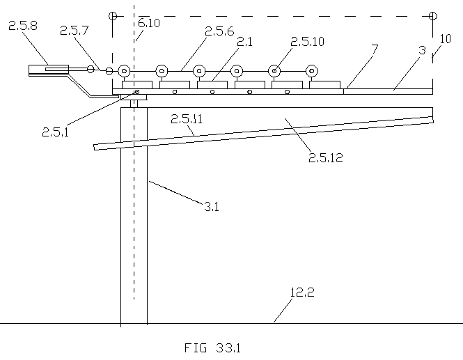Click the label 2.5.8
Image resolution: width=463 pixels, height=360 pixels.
pos(23,26)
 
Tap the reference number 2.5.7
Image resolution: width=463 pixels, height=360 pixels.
pos(74,31)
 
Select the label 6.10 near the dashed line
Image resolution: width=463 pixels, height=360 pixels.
pos(149,23)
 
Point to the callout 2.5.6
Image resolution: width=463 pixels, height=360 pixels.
pos(219,31)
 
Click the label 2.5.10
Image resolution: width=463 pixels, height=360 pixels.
pos(307,42)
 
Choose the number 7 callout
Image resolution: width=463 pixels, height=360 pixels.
pos(375,49)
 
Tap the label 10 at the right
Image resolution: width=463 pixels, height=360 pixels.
pos(446,39)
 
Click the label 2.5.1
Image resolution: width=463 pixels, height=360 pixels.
pos(56,132)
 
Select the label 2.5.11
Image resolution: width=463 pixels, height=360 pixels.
pos(187,119)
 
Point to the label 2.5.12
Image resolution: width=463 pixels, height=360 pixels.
pos(326,157)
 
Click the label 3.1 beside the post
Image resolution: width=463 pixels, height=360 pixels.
pos(212,206)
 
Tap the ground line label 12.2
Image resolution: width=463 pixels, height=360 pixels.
pos(302,292)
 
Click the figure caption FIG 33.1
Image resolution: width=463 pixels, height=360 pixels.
pos(212,348)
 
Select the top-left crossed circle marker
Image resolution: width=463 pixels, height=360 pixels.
pos(113,16)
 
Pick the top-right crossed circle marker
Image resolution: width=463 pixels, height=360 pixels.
pos(432,16)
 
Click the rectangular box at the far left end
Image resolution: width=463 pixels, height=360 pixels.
pos(49,70)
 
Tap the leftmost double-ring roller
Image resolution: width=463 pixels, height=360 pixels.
pos(124,71)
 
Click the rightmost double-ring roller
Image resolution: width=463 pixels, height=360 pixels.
pos(311,71)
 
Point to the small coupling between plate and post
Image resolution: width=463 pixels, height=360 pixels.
pos(134,104)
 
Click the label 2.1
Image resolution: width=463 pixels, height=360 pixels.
pos(245,42)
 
